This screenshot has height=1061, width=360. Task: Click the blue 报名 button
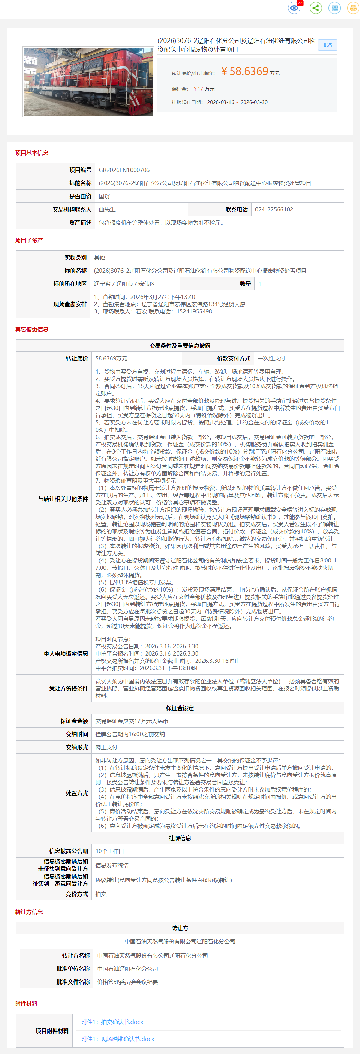click(327, 45)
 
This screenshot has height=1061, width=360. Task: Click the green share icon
click(315, 8)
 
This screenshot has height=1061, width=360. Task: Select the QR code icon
click(334, 8)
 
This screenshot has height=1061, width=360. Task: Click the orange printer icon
click(353, 8)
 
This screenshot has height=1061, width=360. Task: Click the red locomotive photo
click(88, 82)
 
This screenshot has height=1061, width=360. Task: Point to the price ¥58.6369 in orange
click(245, 72)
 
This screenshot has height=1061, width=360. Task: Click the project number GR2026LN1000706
click(124, 170)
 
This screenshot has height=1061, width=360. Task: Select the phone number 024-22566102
click(274, 209)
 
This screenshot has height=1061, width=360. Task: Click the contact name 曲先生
click(107, 209)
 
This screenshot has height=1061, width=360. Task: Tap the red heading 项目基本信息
click(32, 153)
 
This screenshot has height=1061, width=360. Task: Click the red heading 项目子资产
click(29, 240)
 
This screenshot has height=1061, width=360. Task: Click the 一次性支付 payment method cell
click(271, 358)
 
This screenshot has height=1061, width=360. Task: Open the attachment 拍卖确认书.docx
click(112, 1022)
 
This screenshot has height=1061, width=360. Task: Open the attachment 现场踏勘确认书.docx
click(117, 1039)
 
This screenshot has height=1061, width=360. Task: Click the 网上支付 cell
click(106, 747)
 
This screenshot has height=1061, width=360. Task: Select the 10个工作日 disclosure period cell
click(110, 851)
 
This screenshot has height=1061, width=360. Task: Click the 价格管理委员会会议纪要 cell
click(127, 982)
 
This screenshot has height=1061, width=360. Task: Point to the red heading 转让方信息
click(29, 912)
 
